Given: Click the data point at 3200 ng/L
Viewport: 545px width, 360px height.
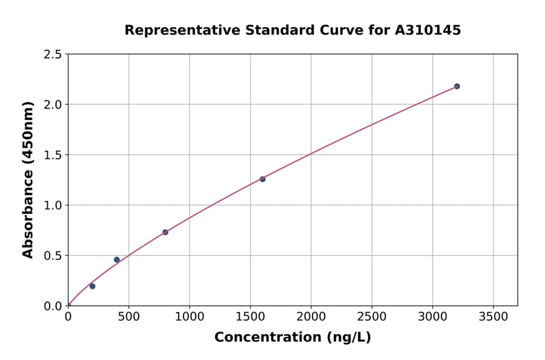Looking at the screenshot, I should point(457,86).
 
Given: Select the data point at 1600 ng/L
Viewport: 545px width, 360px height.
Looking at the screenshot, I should point(262,179).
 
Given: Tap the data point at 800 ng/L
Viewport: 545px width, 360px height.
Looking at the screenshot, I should point(165,232).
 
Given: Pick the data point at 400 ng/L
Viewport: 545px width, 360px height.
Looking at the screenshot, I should point(117,259).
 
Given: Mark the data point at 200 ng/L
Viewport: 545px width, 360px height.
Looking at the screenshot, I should point(92,286).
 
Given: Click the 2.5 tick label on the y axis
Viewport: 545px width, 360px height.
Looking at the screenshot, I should point(53,55).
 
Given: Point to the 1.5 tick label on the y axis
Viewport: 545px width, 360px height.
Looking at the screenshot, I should point(53,155).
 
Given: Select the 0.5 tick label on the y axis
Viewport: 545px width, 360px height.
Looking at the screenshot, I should point(53,256).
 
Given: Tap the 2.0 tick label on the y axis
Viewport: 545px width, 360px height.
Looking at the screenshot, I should point(53,105).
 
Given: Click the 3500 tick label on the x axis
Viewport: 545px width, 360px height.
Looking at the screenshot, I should point(493,316).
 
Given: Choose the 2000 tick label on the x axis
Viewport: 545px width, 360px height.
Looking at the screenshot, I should point(311,316).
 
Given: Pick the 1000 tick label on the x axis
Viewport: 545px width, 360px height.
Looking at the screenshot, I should point(189,316).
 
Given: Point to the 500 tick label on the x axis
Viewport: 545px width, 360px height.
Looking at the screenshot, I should point(128,316).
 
